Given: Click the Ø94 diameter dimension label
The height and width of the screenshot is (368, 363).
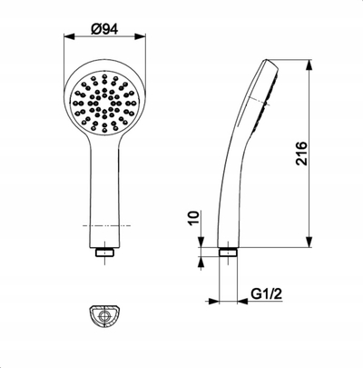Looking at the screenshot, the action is pos(104,29).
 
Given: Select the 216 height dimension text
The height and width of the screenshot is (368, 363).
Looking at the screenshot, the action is pos(301,154).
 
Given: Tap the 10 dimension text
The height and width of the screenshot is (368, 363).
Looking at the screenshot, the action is pos(194,218).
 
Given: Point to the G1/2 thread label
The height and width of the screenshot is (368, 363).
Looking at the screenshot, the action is pos(267,293).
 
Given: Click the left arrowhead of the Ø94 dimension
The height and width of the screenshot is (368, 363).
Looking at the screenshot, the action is pos(69,36).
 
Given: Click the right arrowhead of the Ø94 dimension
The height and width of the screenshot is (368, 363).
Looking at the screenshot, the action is pos(141,36).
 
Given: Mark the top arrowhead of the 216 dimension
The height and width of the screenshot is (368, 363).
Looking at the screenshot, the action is pos(309,65).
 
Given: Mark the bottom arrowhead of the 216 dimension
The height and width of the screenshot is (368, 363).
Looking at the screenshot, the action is pos(309,242).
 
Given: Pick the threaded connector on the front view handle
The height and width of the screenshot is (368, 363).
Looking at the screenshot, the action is pos(104,253).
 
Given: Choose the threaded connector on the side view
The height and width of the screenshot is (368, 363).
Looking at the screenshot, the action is pos(228,252).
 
